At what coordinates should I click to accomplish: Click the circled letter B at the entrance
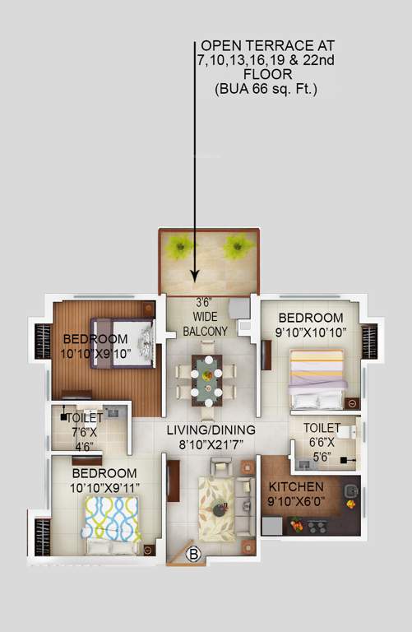coord(195,553)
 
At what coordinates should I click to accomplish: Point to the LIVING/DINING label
coord(211,430)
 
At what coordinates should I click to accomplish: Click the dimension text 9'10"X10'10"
coord(310,332)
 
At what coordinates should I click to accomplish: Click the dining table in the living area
coord(206,379)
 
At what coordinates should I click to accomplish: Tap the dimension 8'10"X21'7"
coord(211,445)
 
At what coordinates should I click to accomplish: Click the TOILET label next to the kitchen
coord(322,428)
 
